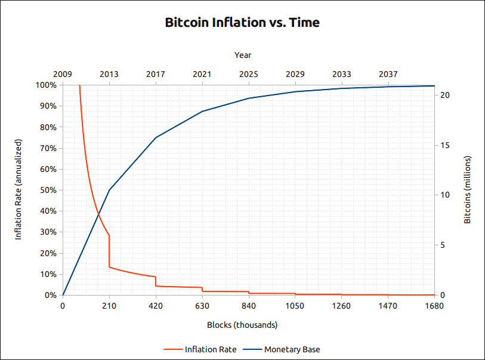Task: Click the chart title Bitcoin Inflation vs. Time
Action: [242, 23]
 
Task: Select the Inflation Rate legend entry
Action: [210, 349]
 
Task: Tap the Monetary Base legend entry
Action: [296, 349]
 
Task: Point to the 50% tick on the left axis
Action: [48, 190]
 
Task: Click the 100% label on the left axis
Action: [46, 85]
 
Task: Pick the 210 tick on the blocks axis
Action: [109, 306]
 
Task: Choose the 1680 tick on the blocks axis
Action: [434, 306]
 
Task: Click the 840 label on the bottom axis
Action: [249, 306]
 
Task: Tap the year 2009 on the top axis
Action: [63, 74]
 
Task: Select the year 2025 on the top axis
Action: [249, 74]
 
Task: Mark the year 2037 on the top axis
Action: [388, 74]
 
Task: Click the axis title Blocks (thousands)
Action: [242, 325]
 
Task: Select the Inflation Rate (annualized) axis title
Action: [18, 190]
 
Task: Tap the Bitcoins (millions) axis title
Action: [468, 190]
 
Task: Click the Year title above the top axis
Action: [243, 55]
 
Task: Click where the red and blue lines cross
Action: [98, 214]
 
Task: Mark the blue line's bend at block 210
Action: [109, 190]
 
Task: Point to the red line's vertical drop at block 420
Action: [156, 281]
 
